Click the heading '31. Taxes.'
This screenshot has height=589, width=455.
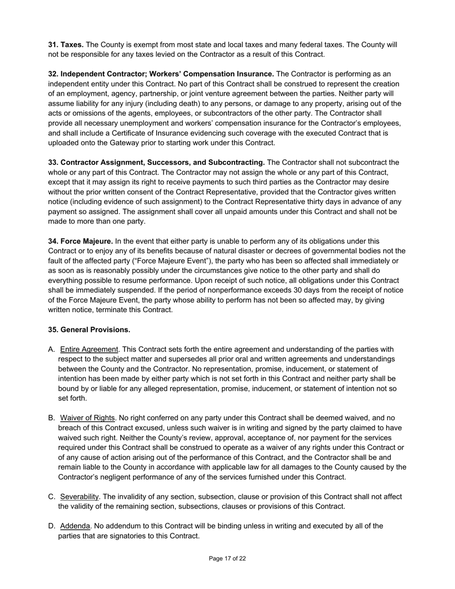(66, 45)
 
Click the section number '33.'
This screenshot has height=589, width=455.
(54, 162)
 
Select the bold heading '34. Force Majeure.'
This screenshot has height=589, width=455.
(80, 241)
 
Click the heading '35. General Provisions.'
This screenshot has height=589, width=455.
(89, 329)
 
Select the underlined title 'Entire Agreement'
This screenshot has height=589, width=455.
(89, 349)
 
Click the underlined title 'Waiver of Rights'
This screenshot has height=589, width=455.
(88, 418)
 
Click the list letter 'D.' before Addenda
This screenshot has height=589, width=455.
(52, 526)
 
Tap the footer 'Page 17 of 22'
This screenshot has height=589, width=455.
(227, 558)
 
